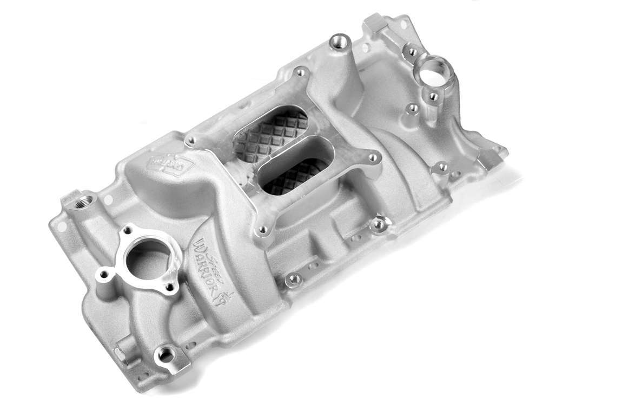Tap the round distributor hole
[433, 70]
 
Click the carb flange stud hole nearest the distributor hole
[299, 73]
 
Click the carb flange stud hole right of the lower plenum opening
[373, 158]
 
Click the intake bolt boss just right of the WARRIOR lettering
[294, 280]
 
